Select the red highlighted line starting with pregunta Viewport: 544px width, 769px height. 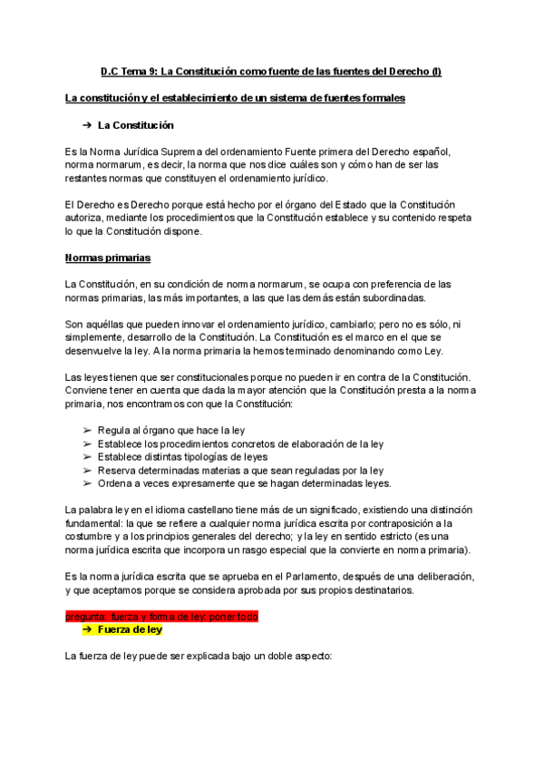pyautogui.click(x=161, y=617)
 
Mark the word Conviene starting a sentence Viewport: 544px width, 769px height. pyautogui.click(x=89, y=390)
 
